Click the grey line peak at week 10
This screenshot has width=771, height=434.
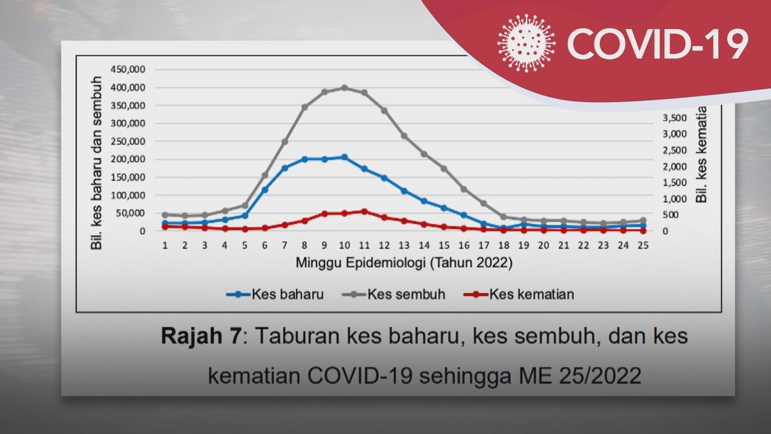tap(345, 88)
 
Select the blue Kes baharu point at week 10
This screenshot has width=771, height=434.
tap(345, 157)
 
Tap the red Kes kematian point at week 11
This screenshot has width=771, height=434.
tap(364, 212)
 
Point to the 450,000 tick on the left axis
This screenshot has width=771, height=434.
tap(128, 69)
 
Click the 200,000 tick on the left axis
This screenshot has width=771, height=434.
tap(128, 159)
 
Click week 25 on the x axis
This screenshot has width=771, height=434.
tap(643, 245)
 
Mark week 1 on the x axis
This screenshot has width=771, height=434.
tap(164, 245)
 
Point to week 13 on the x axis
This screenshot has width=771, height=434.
tap(404, 245)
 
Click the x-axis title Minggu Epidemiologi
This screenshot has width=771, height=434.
tap(404, 263)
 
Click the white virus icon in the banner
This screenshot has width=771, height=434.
tap(526, 43)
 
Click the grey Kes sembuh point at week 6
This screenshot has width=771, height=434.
tap(264, 175)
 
